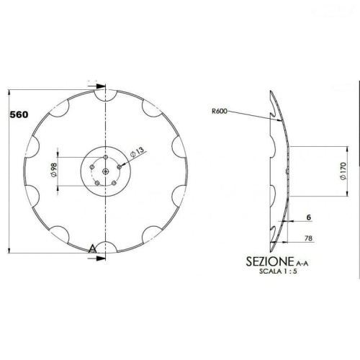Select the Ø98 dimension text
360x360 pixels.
[53, 171]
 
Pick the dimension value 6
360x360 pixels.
[307, 216]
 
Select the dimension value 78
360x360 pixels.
[308, 238]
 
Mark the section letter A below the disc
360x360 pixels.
[91, 248]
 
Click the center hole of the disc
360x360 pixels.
[105, 171]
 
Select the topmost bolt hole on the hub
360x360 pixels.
[105, 157]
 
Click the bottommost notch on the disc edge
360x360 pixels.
[105, 247]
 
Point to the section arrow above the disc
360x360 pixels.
[96, 86]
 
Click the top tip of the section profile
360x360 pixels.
[271, 91]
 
